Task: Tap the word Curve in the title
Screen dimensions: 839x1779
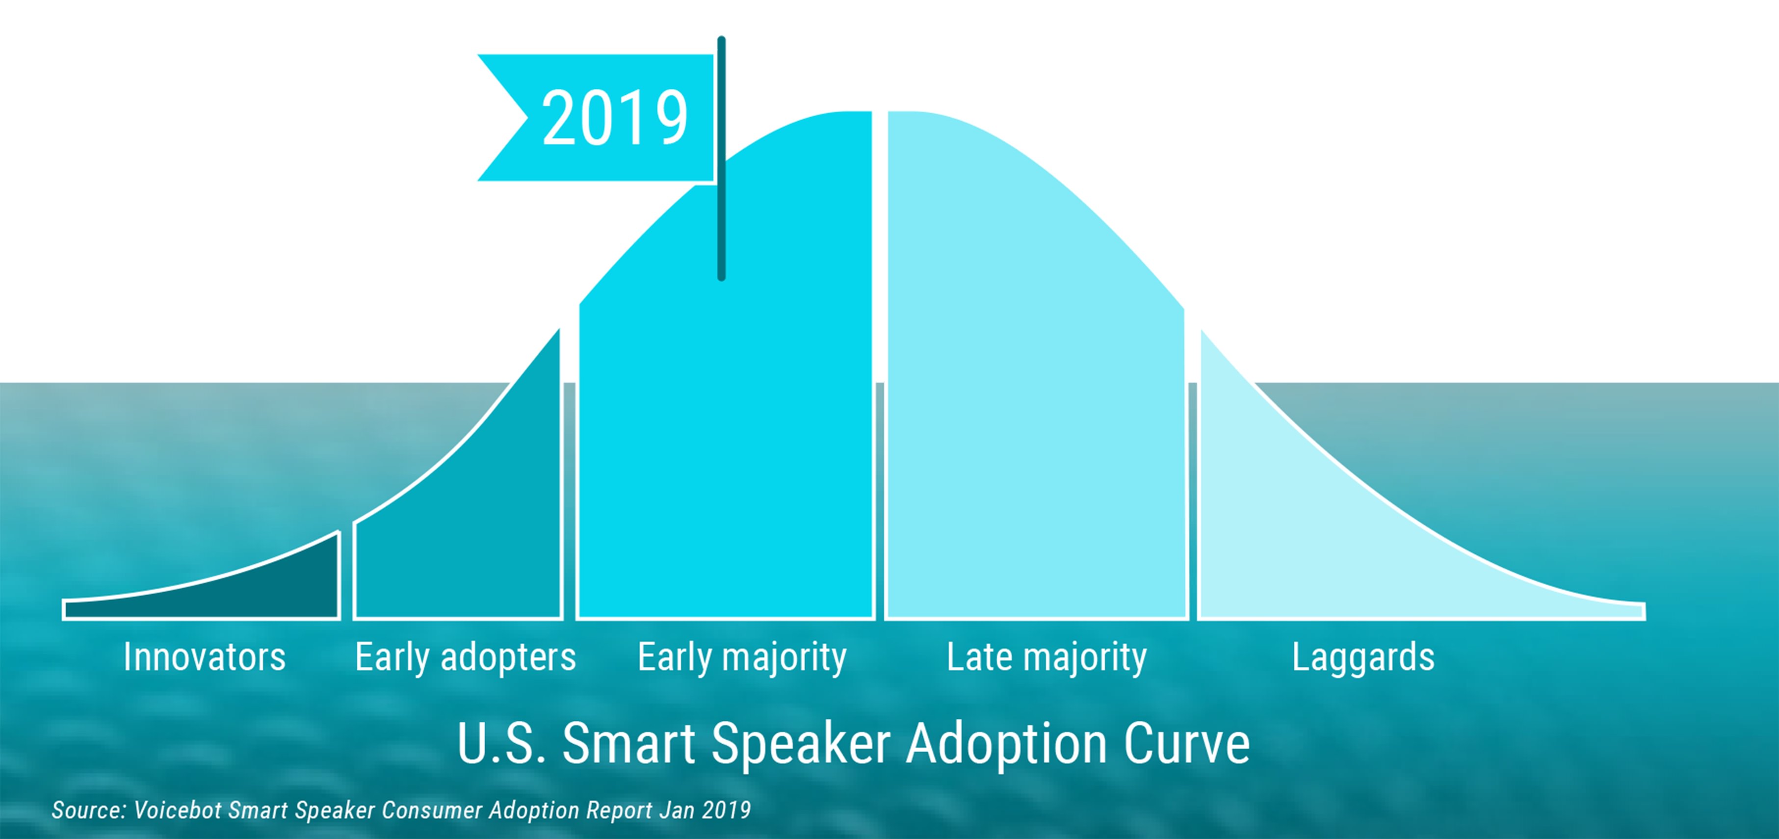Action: (x=1186, y=744)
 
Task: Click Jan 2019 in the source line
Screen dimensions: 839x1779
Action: (x=705, y=810)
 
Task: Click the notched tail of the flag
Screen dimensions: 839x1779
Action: (x=508, y=117)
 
